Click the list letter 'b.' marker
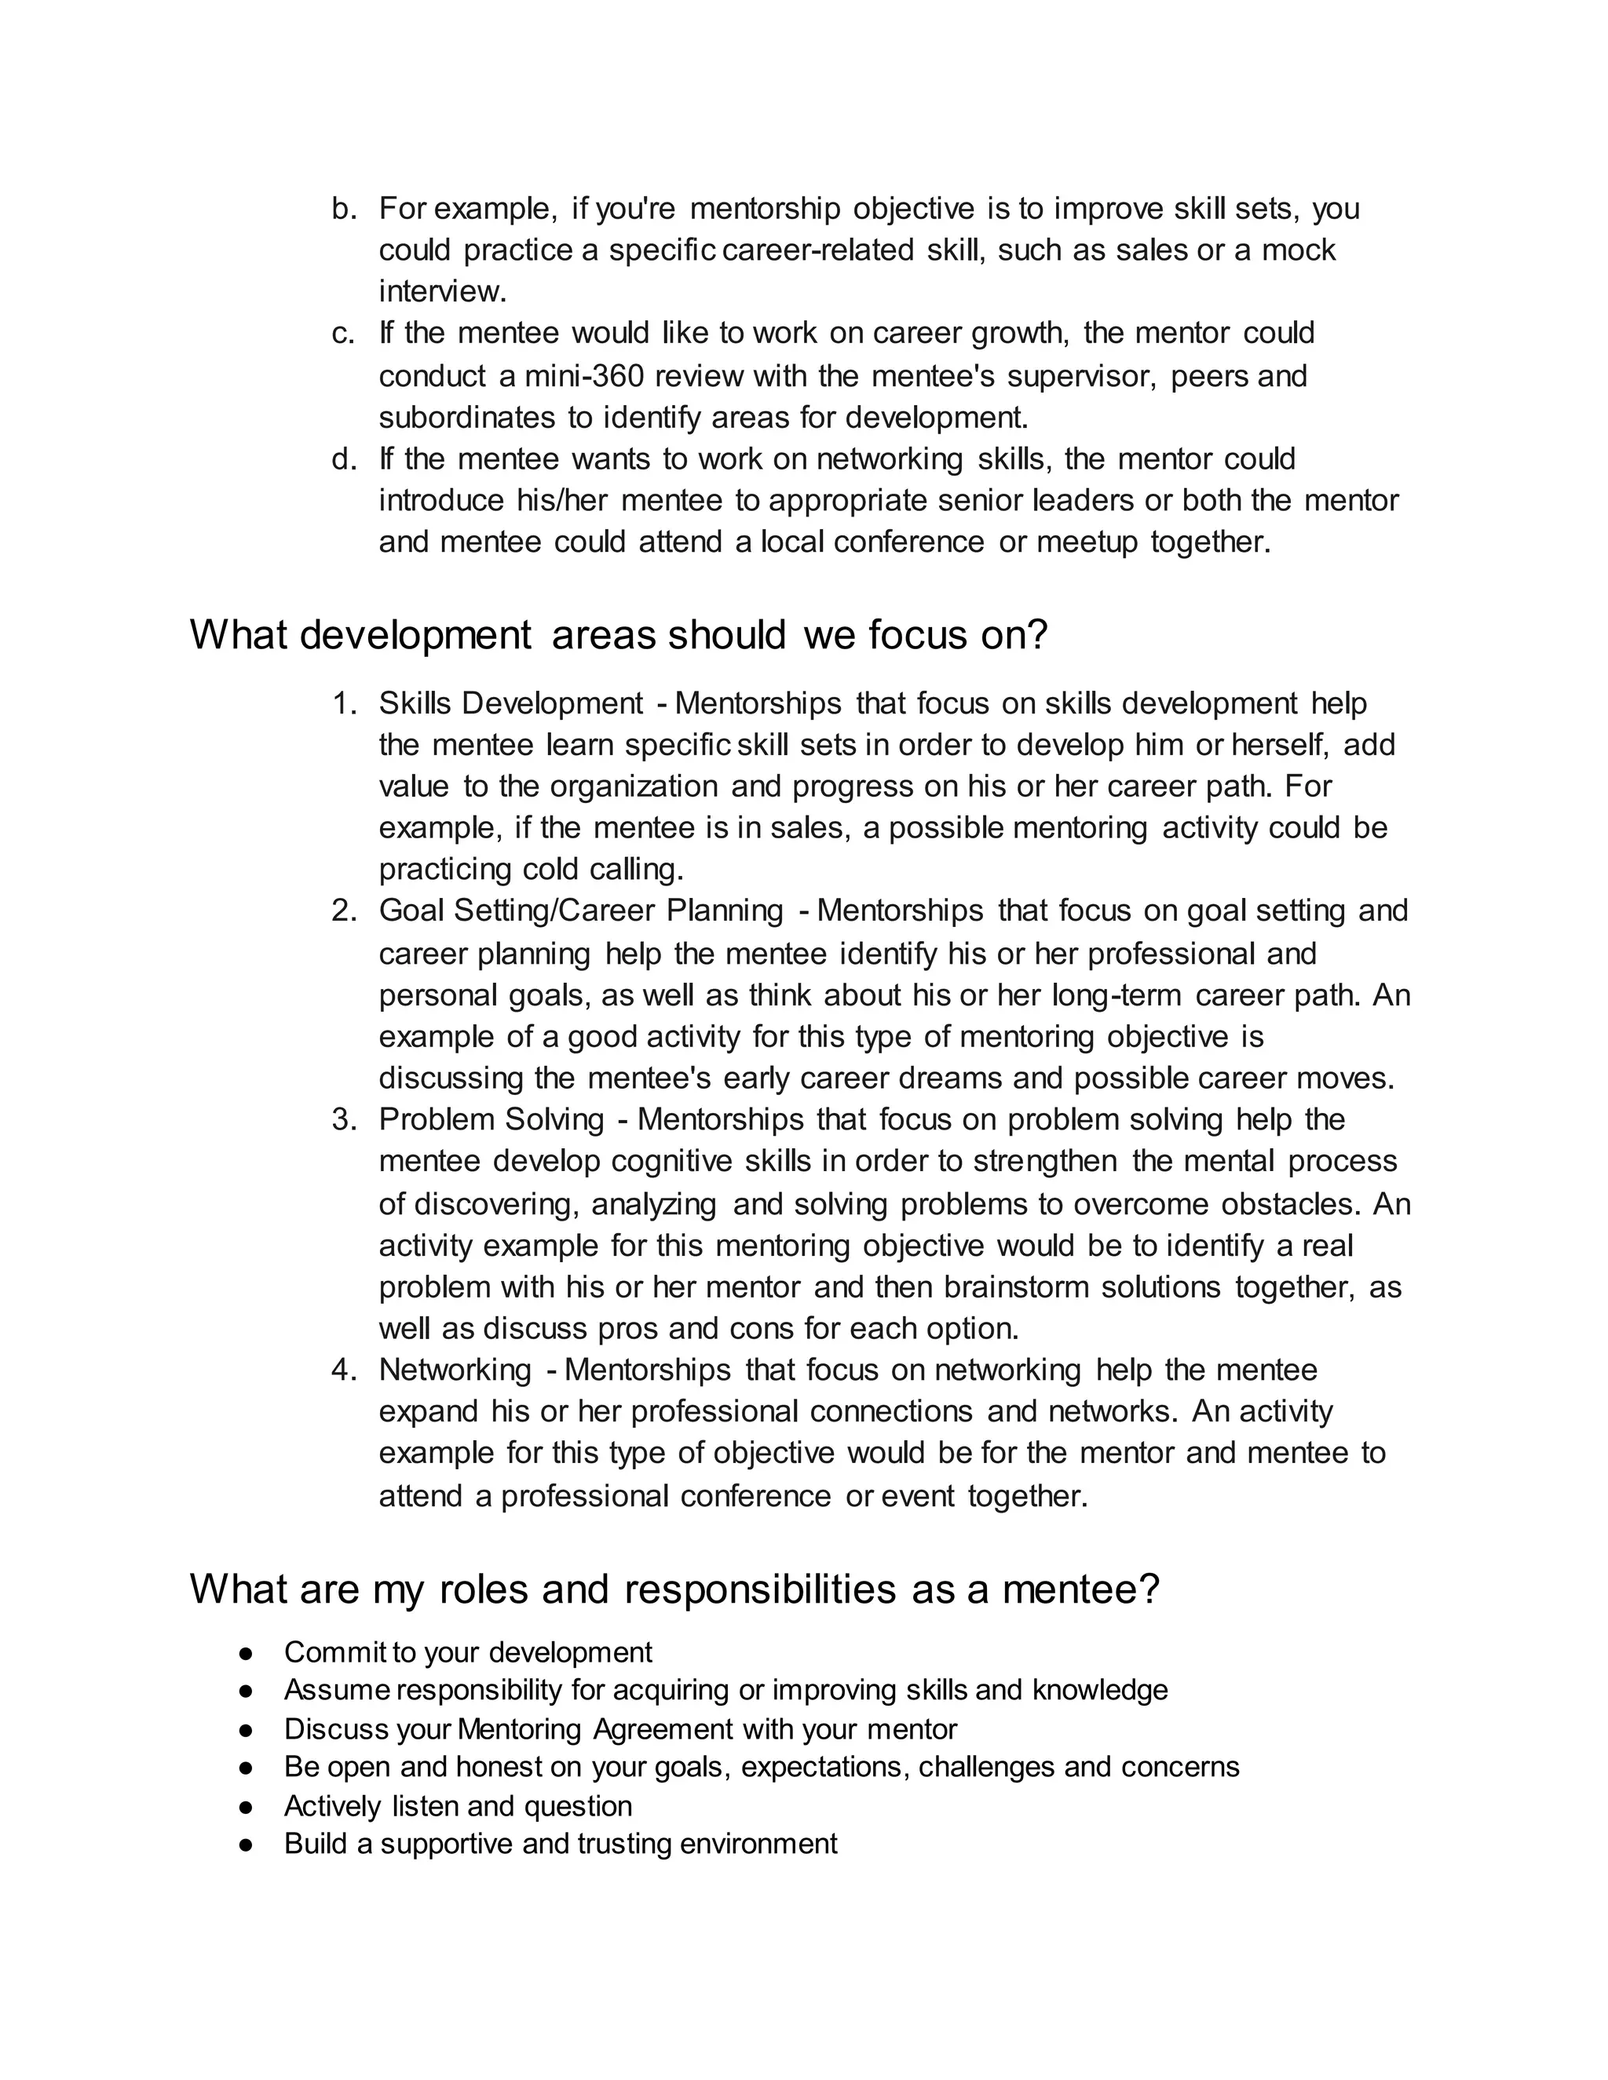[343, 209]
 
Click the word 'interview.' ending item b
[443, 290]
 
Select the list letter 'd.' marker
[343, 459]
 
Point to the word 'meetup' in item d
[1087, 542]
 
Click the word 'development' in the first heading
[415, 635]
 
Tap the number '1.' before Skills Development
[344, 704]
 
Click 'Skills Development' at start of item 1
[510, 704]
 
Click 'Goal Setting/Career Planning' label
[581, 910]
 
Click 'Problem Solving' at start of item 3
[492, 1119]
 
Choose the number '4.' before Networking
[344, 1370]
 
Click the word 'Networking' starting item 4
[455, 1370]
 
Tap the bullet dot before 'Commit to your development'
[246, 1652]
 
